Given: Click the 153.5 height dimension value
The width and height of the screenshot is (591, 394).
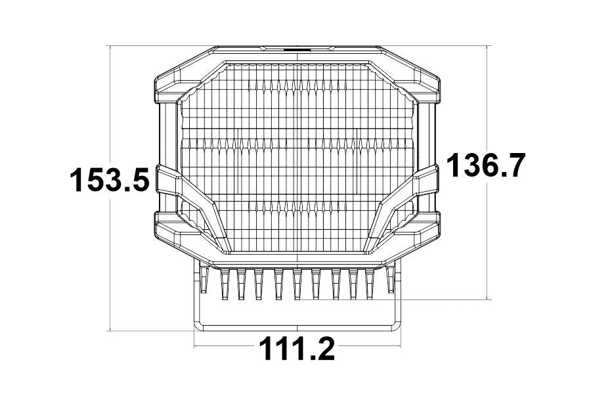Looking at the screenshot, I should [110, 180].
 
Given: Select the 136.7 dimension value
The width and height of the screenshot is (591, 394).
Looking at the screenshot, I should [485, 165].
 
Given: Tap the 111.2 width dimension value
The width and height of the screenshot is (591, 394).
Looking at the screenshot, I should [296, 349].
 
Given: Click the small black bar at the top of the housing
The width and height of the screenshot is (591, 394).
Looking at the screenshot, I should [297, 49].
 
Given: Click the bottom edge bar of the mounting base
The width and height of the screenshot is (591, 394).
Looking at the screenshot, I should [297, 324].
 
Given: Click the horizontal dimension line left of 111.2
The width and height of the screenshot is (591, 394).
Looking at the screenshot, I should [223, 345].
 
